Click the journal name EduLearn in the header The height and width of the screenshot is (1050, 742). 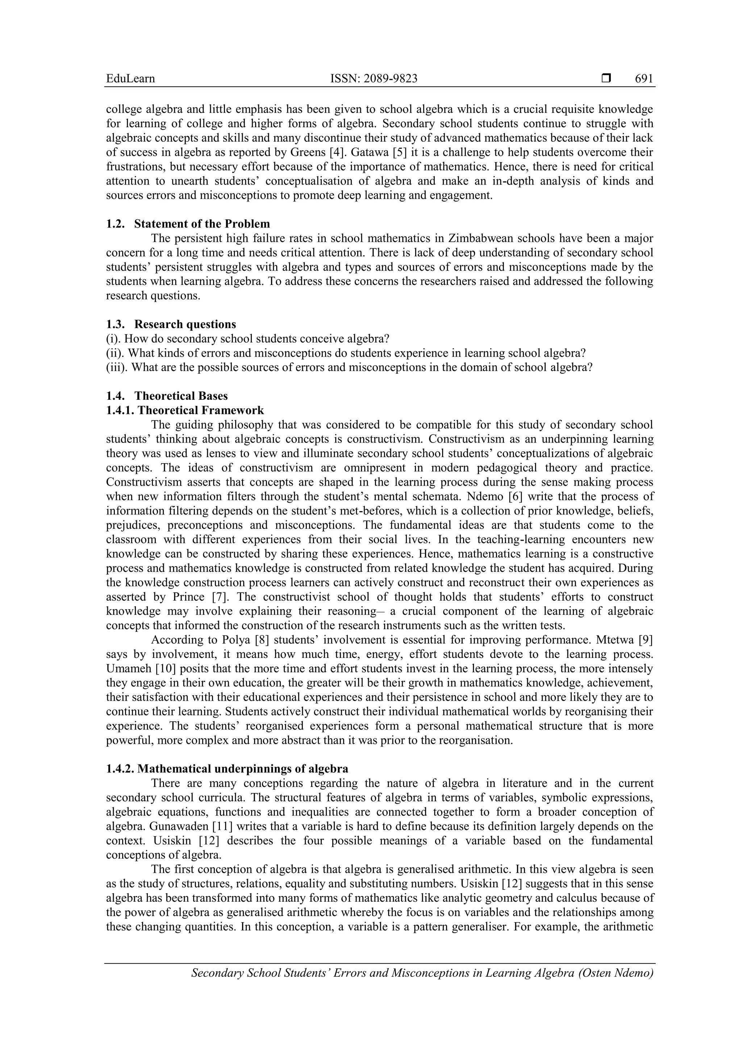tap(130, 79)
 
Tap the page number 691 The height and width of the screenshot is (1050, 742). tap(644, 79)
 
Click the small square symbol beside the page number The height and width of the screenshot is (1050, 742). tap(606, 79)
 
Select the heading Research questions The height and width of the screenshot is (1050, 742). tap(185, 324)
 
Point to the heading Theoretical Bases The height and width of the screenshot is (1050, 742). tap(180, 395)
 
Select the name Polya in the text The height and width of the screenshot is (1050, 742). tap(234, 640)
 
